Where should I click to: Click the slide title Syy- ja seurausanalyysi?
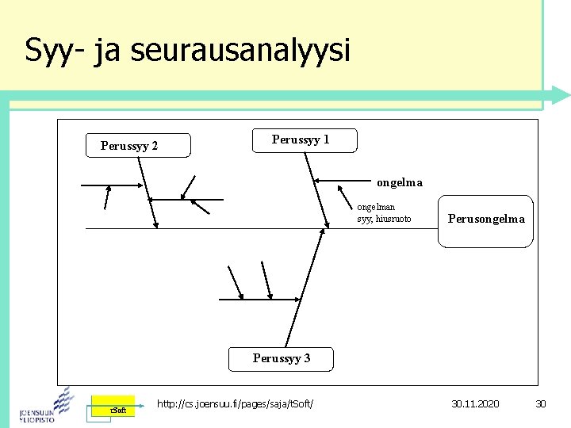point(187,51)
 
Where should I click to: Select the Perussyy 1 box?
point(304,140)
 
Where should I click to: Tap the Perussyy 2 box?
point(138,145)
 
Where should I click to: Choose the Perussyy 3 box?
point(281,358)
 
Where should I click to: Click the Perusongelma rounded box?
point(485,220)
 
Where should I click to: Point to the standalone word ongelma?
point(400,182)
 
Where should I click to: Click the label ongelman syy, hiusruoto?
point(384,213)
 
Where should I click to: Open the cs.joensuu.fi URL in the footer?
point(235,404)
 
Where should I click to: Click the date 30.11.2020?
point(475,404)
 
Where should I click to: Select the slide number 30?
point(541,404)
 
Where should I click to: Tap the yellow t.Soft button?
point(113,408)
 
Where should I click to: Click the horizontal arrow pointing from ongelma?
point(342,182)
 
